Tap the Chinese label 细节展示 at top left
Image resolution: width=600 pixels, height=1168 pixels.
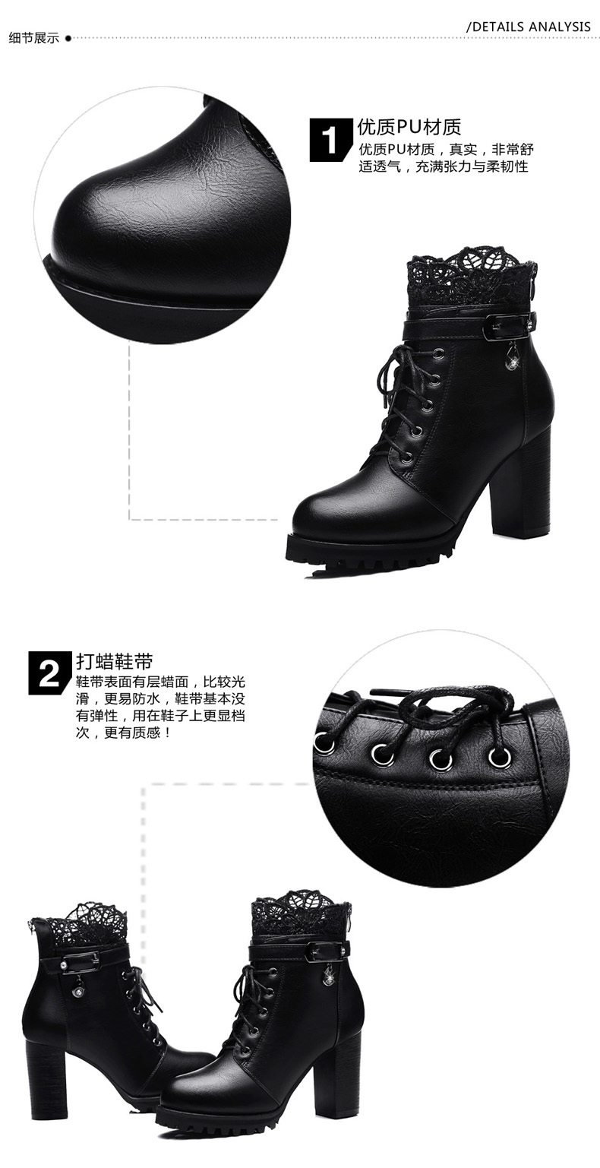[x=34, y=38]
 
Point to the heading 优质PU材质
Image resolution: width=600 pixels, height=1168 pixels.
[x=409, y=127]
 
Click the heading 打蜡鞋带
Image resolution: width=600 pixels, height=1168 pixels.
[x=114, y=661]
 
